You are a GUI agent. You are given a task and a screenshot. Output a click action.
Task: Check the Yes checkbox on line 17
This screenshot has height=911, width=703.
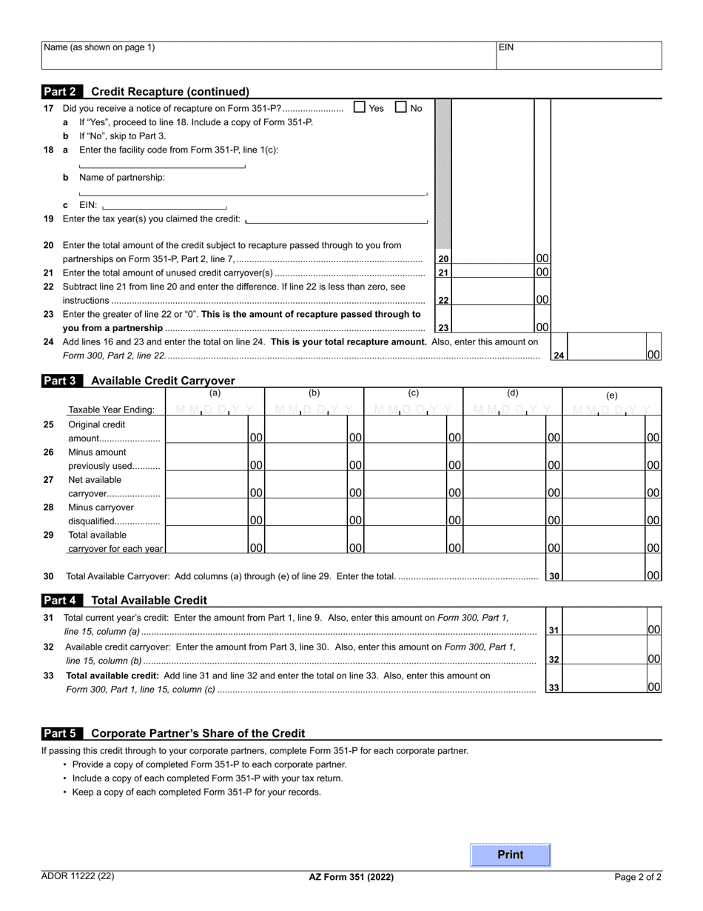pos(360,107)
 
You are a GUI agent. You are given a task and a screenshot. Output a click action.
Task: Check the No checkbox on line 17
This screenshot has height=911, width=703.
pos(401,107)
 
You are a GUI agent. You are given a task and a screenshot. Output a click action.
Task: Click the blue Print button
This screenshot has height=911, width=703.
pos(511,855)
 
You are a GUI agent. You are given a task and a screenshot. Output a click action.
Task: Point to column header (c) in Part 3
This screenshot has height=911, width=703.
pos(413,393)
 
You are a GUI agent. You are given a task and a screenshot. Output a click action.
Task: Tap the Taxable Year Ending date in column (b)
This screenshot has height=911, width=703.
pos(314,410)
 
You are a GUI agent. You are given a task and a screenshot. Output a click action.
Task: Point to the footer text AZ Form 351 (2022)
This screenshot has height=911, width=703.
pos(351,877)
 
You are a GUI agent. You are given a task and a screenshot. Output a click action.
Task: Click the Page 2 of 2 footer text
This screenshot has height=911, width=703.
pos(638,877)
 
